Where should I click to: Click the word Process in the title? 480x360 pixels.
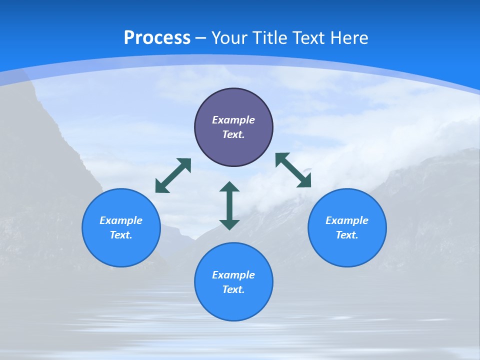click(157, 38)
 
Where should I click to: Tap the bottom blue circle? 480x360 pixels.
click(233, 305)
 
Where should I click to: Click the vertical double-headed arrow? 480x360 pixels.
click(229, 205)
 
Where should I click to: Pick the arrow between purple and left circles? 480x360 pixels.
click(173, 175)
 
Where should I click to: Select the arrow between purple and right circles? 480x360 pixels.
click(293, 170)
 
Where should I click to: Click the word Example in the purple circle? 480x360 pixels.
click(233, 120)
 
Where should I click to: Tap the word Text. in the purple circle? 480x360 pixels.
click(233, 134)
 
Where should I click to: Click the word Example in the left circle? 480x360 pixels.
click(121, 220)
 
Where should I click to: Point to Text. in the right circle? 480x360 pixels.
click(347, 235)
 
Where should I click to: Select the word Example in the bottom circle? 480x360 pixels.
click(233, 275)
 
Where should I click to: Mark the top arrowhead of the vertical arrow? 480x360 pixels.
click(229, 187)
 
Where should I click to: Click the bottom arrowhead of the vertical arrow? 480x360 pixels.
click(229, 224)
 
